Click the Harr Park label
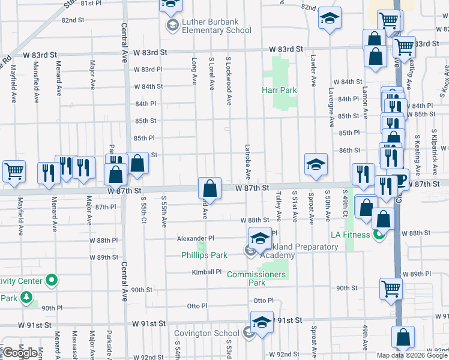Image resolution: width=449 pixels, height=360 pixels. click(279, 90)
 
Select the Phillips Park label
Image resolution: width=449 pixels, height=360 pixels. click(204, 255)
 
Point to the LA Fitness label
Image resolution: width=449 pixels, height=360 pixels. click(350, 234)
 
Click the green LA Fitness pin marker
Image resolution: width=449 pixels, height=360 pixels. click(378, 234)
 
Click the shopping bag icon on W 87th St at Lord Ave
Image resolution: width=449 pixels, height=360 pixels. click(210, 188)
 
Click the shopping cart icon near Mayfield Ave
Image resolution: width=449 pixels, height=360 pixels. click(14, 170)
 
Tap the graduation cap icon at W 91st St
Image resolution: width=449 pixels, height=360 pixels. click(262, 322)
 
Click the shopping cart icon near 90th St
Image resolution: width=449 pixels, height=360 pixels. click(391, 289)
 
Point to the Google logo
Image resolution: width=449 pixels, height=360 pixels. click(20, 353)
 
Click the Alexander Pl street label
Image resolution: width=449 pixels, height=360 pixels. click(191, 238)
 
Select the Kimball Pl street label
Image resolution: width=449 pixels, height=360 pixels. click(207, 272)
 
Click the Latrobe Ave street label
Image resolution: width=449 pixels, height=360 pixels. click(248, 162)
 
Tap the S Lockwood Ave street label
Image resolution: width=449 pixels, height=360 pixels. click(229, 81)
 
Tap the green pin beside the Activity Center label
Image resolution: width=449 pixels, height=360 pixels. click(52, 280)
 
